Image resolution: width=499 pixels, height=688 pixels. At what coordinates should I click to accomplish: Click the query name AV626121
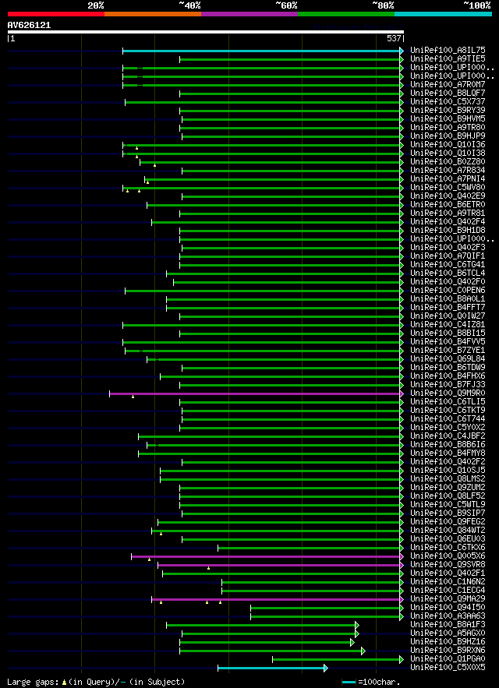(29, 25)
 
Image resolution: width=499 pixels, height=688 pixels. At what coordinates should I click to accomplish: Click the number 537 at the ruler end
(393, 37)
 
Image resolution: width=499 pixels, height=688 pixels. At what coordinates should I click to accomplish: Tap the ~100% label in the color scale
(477, 5)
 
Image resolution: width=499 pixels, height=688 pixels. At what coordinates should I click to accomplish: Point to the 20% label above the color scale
(96, 5)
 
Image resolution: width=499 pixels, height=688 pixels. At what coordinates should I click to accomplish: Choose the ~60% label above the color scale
(286, 5)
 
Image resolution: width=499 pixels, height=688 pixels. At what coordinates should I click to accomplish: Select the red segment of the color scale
(55, 14)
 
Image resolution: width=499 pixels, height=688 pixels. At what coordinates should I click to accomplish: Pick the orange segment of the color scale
(152, 14)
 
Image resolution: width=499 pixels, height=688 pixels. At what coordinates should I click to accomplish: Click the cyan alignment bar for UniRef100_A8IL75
(261, 51)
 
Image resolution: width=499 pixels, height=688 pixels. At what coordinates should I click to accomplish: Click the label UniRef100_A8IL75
(448, 51)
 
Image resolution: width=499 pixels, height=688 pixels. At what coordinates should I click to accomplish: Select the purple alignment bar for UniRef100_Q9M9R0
(254, 393)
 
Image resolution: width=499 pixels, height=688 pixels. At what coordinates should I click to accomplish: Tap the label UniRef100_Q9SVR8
(448, 565)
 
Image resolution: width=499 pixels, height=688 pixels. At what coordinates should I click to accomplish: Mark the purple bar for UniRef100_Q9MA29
(276, 599)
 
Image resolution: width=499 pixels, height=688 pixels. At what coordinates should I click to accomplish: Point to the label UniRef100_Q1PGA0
(448, 659)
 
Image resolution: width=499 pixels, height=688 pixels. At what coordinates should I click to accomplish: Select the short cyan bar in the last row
(271, 668)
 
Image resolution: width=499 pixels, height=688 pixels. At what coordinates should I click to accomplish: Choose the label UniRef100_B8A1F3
(448, 625)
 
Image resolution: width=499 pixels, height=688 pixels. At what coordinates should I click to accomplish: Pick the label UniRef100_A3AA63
(448, 616)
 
